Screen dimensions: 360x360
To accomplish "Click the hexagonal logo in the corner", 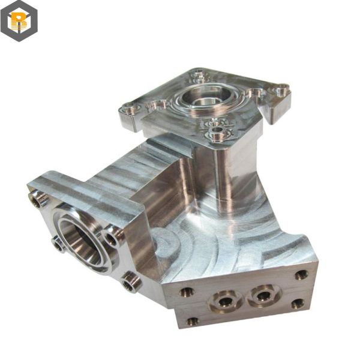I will click(19, 21).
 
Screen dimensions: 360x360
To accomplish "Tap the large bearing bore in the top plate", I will click(205, 97).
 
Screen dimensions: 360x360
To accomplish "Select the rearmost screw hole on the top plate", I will click(199, 76).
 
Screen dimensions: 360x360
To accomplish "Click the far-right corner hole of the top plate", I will click(281, 92).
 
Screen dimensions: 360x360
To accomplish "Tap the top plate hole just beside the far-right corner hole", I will click(257, 94).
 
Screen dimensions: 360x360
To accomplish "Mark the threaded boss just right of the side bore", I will click(112, 238).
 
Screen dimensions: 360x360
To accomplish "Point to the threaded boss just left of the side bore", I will click(58, 243).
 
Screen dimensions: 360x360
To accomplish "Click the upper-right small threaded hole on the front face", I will click(301, 275).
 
